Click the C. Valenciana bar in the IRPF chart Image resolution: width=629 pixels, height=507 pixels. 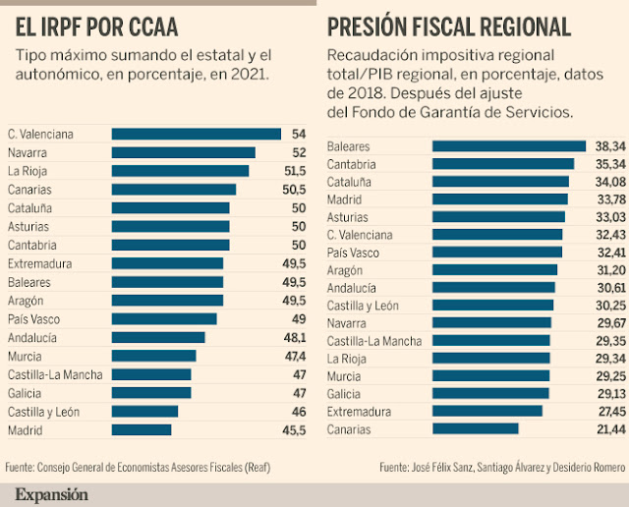(x=197, y=134)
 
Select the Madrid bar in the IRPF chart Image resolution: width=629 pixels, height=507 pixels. (x=142, y=430)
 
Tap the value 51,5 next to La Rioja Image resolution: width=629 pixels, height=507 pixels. (x=267, y=171)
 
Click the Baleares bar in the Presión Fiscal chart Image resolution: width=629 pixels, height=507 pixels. (x=509, y=145)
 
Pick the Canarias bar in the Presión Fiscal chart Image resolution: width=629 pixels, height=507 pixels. (x=476, y=428)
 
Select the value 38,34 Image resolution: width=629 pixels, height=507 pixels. (x=608, y=145)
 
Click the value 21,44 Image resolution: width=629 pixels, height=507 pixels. (x=608, y=428)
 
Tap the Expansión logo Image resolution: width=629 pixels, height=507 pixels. (x=51, y=493)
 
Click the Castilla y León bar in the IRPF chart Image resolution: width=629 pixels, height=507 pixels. (x=145, y=412)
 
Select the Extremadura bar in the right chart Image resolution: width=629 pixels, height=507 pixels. (x=487, y=411)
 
